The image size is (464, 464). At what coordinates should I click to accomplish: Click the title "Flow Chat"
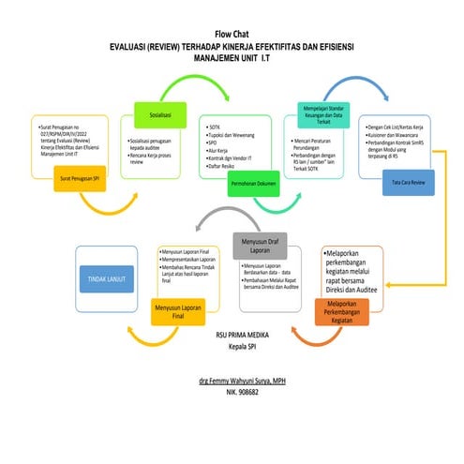[232, 32]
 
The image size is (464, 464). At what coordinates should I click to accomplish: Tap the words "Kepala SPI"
[232, 347]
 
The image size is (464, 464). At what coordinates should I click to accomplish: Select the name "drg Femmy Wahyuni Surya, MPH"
[232, 382]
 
